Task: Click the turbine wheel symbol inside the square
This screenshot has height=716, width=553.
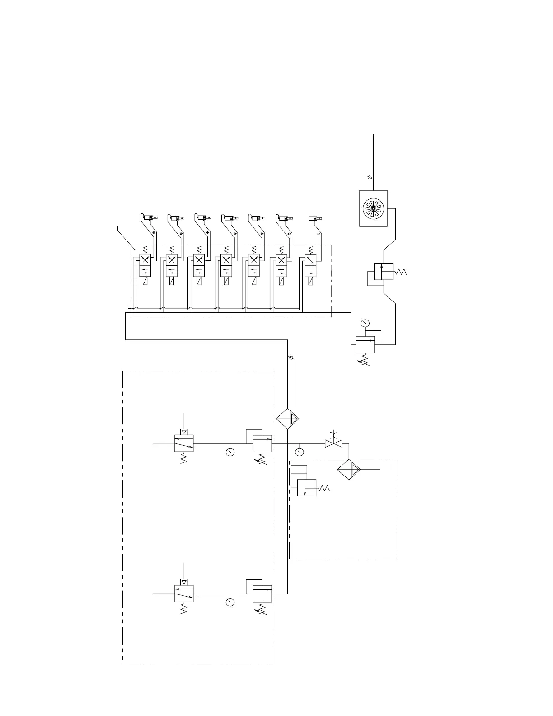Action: pos(373,208)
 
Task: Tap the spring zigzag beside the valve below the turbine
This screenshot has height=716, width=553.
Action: pos(400,272)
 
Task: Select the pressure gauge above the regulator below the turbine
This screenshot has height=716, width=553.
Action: pos(365,323)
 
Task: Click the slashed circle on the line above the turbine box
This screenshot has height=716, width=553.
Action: pos(370,178)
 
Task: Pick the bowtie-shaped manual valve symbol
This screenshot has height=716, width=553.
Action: pos(333,444)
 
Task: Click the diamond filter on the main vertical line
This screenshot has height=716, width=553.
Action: pos(288,419)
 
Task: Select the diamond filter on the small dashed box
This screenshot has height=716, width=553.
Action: pos(349,469)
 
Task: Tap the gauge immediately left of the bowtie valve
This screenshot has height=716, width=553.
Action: pos(299,452)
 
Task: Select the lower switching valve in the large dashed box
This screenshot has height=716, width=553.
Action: pos(184,593)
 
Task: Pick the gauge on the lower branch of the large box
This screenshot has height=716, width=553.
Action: pos(230,602)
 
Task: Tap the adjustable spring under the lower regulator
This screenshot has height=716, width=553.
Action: pos(262,611)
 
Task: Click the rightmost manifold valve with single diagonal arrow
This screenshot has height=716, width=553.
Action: pos(310,260)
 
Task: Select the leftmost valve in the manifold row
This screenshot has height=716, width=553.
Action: pos(145,260)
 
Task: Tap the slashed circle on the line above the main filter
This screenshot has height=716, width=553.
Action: pos(291,358)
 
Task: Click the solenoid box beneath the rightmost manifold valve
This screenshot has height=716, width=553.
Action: pos(310,281)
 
